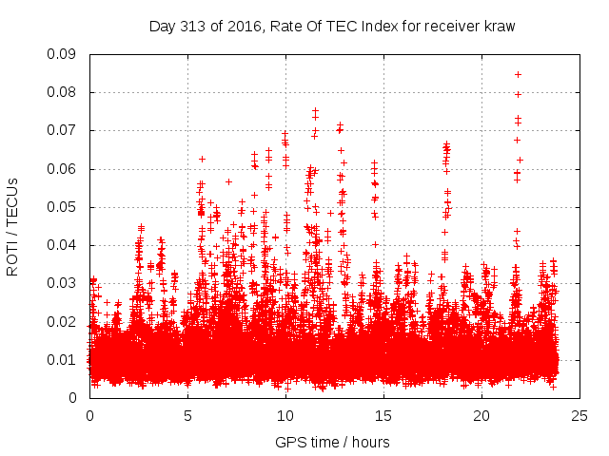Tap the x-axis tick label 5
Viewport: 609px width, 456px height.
pos(187,416)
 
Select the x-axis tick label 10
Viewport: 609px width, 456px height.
pos(285,416)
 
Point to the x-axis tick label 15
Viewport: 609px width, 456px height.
pos(383,416)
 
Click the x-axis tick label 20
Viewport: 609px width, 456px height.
pos(481,416)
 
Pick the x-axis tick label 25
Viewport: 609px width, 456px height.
pos(580,416)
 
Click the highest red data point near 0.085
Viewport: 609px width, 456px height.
pos(518,74)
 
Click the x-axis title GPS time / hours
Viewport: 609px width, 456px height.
pos(333,442)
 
